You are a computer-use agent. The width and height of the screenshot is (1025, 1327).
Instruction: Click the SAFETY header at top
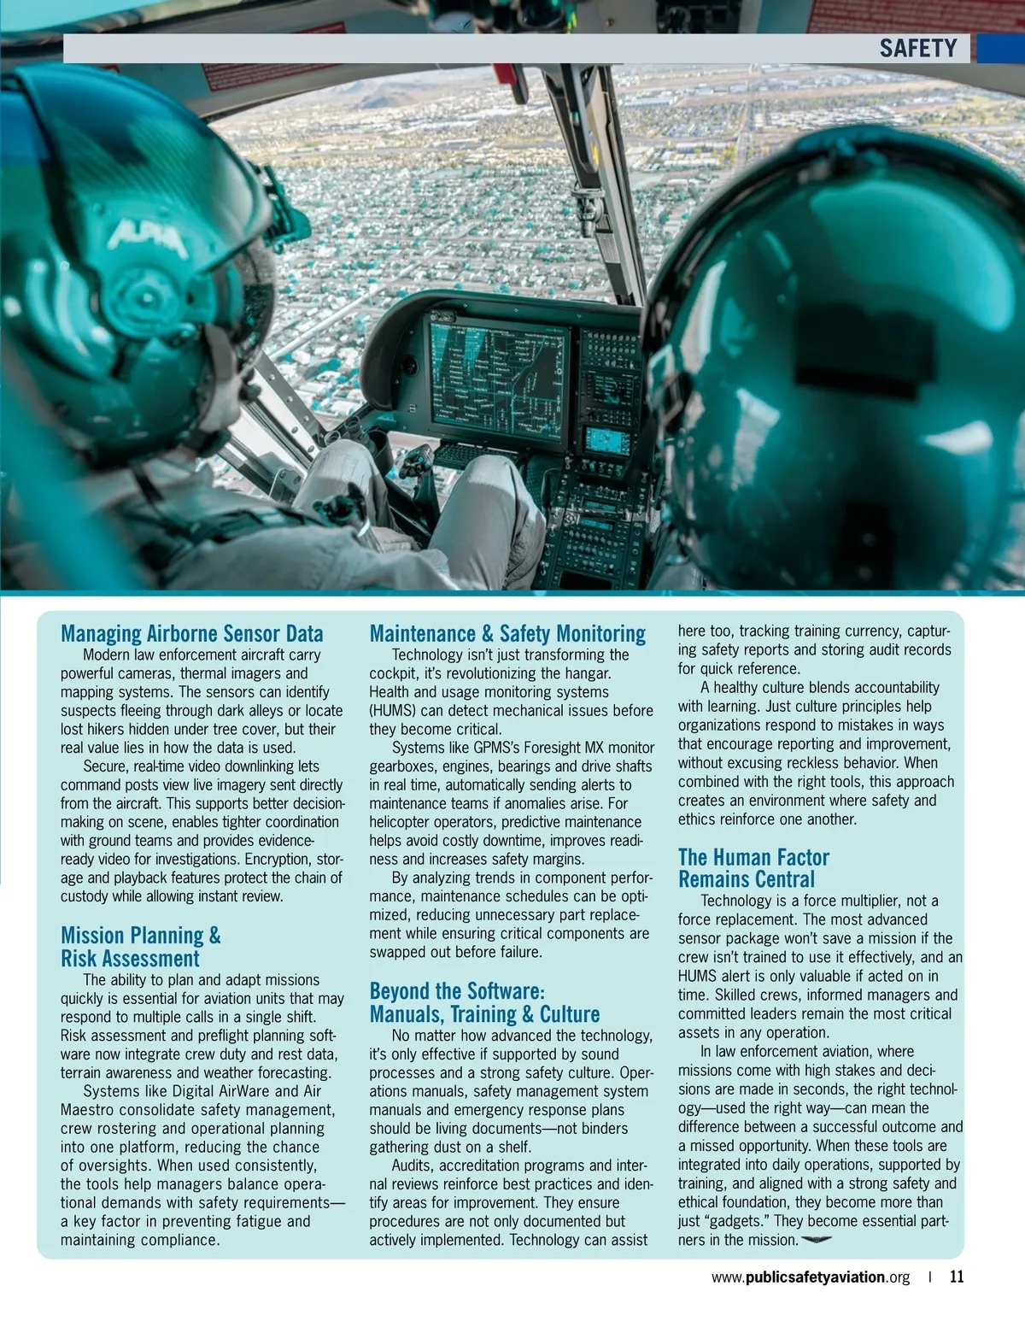coord(917,48)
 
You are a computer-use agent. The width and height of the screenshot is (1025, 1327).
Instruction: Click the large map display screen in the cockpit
coord(498,380)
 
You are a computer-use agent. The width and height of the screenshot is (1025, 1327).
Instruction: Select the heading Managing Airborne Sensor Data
coord(191,633)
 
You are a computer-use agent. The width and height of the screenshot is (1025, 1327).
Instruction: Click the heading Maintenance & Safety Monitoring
coord(507,633)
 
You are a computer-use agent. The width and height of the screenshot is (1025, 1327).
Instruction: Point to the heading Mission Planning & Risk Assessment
coord(141,947)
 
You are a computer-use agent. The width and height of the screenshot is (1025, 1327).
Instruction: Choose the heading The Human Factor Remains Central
coord(753,868)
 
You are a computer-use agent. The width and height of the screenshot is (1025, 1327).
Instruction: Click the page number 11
coord(957,1277)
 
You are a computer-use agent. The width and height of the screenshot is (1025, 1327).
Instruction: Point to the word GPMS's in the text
coord(496,748)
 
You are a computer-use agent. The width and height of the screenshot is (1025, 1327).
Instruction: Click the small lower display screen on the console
coord(607,441)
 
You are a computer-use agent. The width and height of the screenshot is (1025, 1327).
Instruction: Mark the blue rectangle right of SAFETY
coord(999,48)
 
